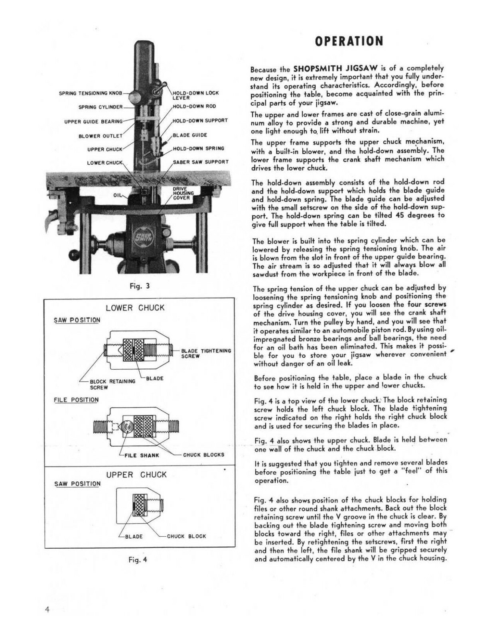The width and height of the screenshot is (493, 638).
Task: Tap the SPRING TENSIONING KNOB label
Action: click(91, 93)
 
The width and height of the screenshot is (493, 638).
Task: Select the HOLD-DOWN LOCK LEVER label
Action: click(195, 95)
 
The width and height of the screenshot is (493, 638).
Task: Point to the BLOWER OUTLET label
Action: click(101, 136)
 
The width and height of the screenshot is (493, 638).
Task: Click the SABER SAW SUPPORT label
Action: click(200, 162)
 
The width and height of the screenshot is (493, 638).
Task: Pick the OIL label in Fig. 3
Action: click(118, 195)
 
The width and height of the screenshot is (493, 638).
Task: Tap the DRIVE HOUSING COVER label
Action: click(183, 193)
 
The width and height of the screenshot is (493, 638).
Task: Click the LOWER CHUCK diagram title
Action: click(135, 308)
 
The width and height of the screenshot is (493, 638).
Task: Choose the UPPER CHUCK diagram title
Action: click(136, 475)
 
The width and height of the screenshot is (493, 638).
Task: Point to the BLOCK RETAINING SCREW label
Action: click(112, 384)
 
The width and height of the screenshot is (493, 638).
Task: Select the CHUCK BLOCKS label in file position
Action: click(203, 455)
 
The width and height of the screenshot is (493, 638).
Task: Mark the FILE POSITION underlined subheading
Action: click(76, 400)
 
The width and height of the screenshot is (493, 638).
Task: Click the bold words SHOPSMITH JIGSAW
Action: click(329, 68)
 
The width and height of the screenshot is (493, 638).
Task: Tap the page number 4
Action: click(47, 609)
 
